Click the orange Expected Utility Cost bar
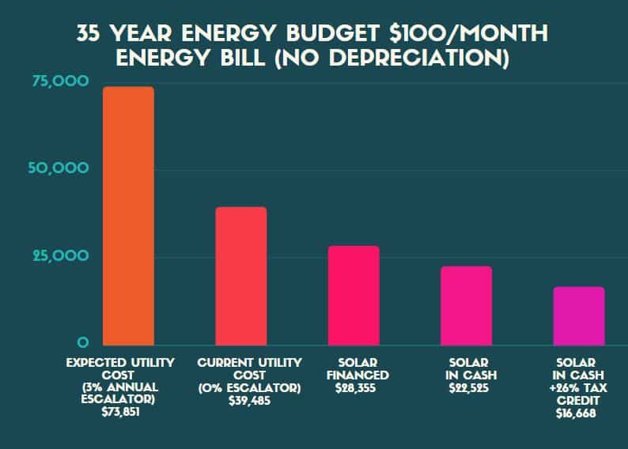coord(129,215)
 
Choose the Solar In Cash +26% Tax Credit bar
coord(578,315)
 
